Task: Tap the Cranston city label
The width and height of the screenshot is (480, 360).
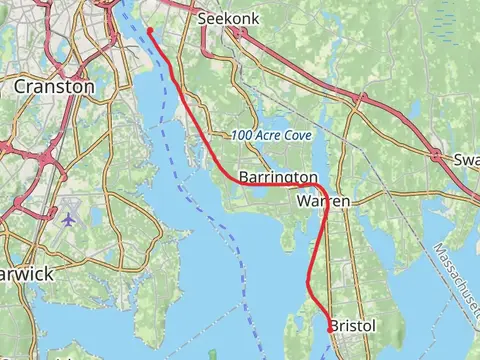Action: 54,87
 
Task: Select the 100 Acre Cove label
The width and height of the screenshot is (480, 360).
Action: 271,135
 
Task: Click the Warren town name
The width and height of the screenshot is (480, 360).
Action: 324,201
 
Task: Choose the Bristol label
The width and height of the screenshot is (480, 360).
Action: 353,327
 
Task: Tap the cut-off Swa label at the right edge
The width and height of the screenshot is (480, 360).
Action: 466,160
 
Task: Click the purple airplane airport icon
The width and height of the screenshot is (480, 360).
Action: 68,218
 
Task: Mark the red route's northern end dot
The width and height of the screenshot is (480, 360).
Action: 150,31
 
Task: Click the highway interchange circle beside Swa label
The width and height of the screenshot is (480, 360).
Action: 436,154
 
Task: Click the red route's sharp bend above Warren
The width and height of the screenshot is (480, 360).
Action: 322,188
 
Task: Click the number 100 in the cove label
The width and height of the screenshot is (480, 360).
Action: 242,135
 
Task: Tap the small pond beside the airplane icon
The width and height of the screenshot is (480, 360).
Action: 52,213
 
